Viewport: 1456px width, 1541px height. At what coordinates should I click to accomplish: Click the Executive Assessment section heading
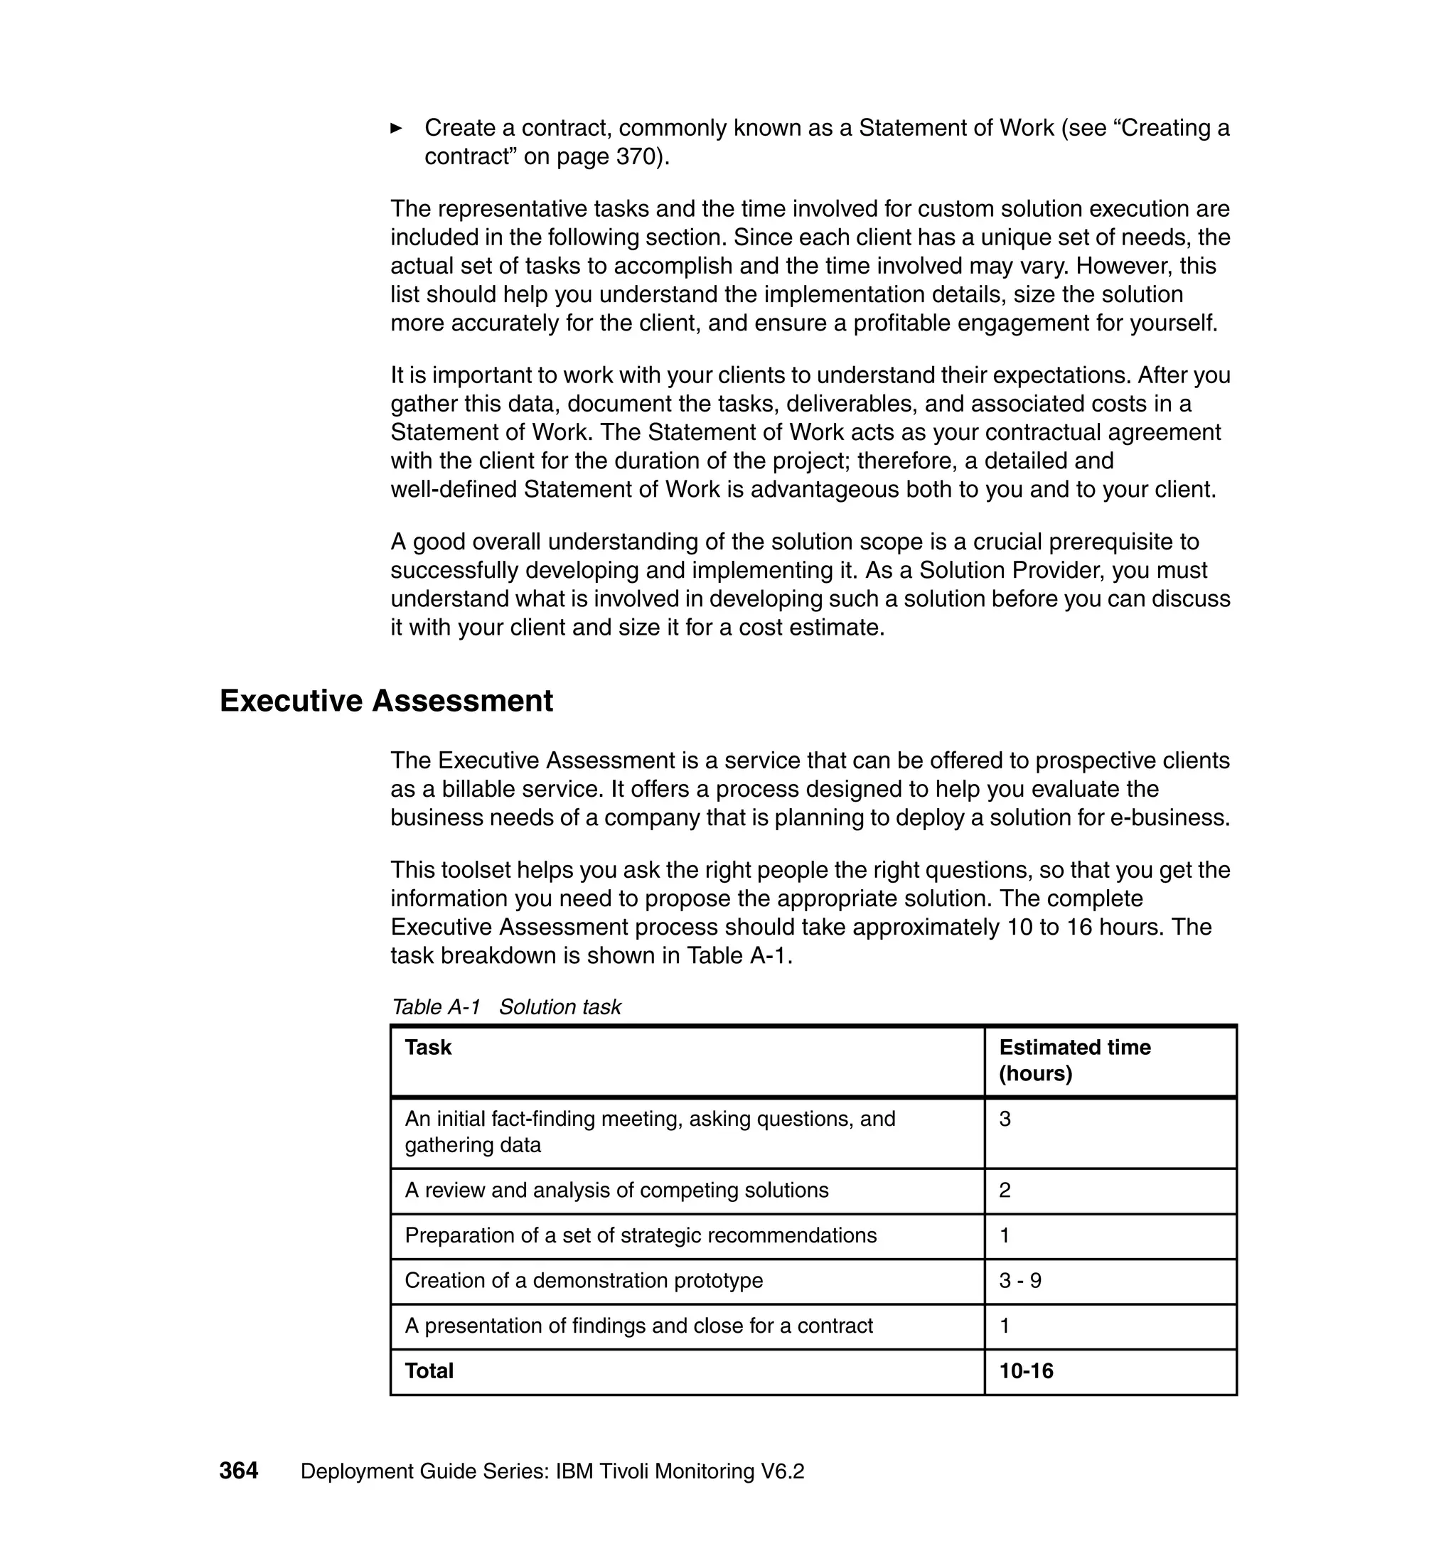click(386, 701)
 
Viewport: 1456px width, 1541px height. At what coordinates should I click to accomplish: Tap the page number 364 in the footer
click(238, 1471)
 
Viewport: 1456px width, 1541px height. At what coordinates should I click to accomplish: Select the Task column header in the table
click(428, 1048)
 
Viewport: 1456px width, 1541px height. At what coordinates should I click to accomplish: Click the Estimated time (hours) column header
click(1074, 1060)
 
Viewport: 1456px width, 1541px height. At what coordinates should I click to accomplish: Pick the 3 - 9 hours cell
click(1019, 1280)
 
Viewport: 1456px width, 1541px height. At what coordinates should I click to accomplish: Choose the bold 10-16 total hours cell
click(1026, 1371)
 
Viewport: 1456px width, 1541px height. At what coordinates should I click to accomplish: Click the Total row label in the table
click(429, 1371)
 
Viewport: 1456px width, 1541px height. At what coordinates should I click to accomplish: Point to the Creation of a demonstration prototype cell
click(584, 1280)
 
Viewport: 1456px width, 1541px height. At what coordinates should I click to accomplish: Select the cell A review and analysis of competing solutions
click(616, 1191)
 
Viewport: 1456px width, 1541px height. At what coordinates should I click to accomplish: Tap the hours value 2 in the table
click(1005, 1191)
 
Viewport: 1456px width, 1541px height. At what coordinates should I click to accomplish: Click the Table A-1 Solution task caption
click(506, 1007)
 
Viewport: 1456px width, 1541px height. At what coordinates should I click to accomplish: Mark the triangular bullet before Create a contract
click(396, 128)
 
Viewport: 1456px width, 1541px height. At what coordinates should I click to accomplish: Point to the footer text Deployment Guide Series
click(425, 1471)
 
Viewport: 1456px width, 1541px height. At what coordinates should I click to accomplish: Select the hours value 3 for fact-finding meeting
click(1005, 1119)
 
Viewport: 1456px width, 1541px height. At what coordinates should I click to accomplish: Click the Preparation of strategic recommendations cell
click(641, 1235)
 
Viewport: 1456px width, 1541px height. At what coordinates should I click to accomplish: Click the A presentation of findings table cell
click(638, 1326)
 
